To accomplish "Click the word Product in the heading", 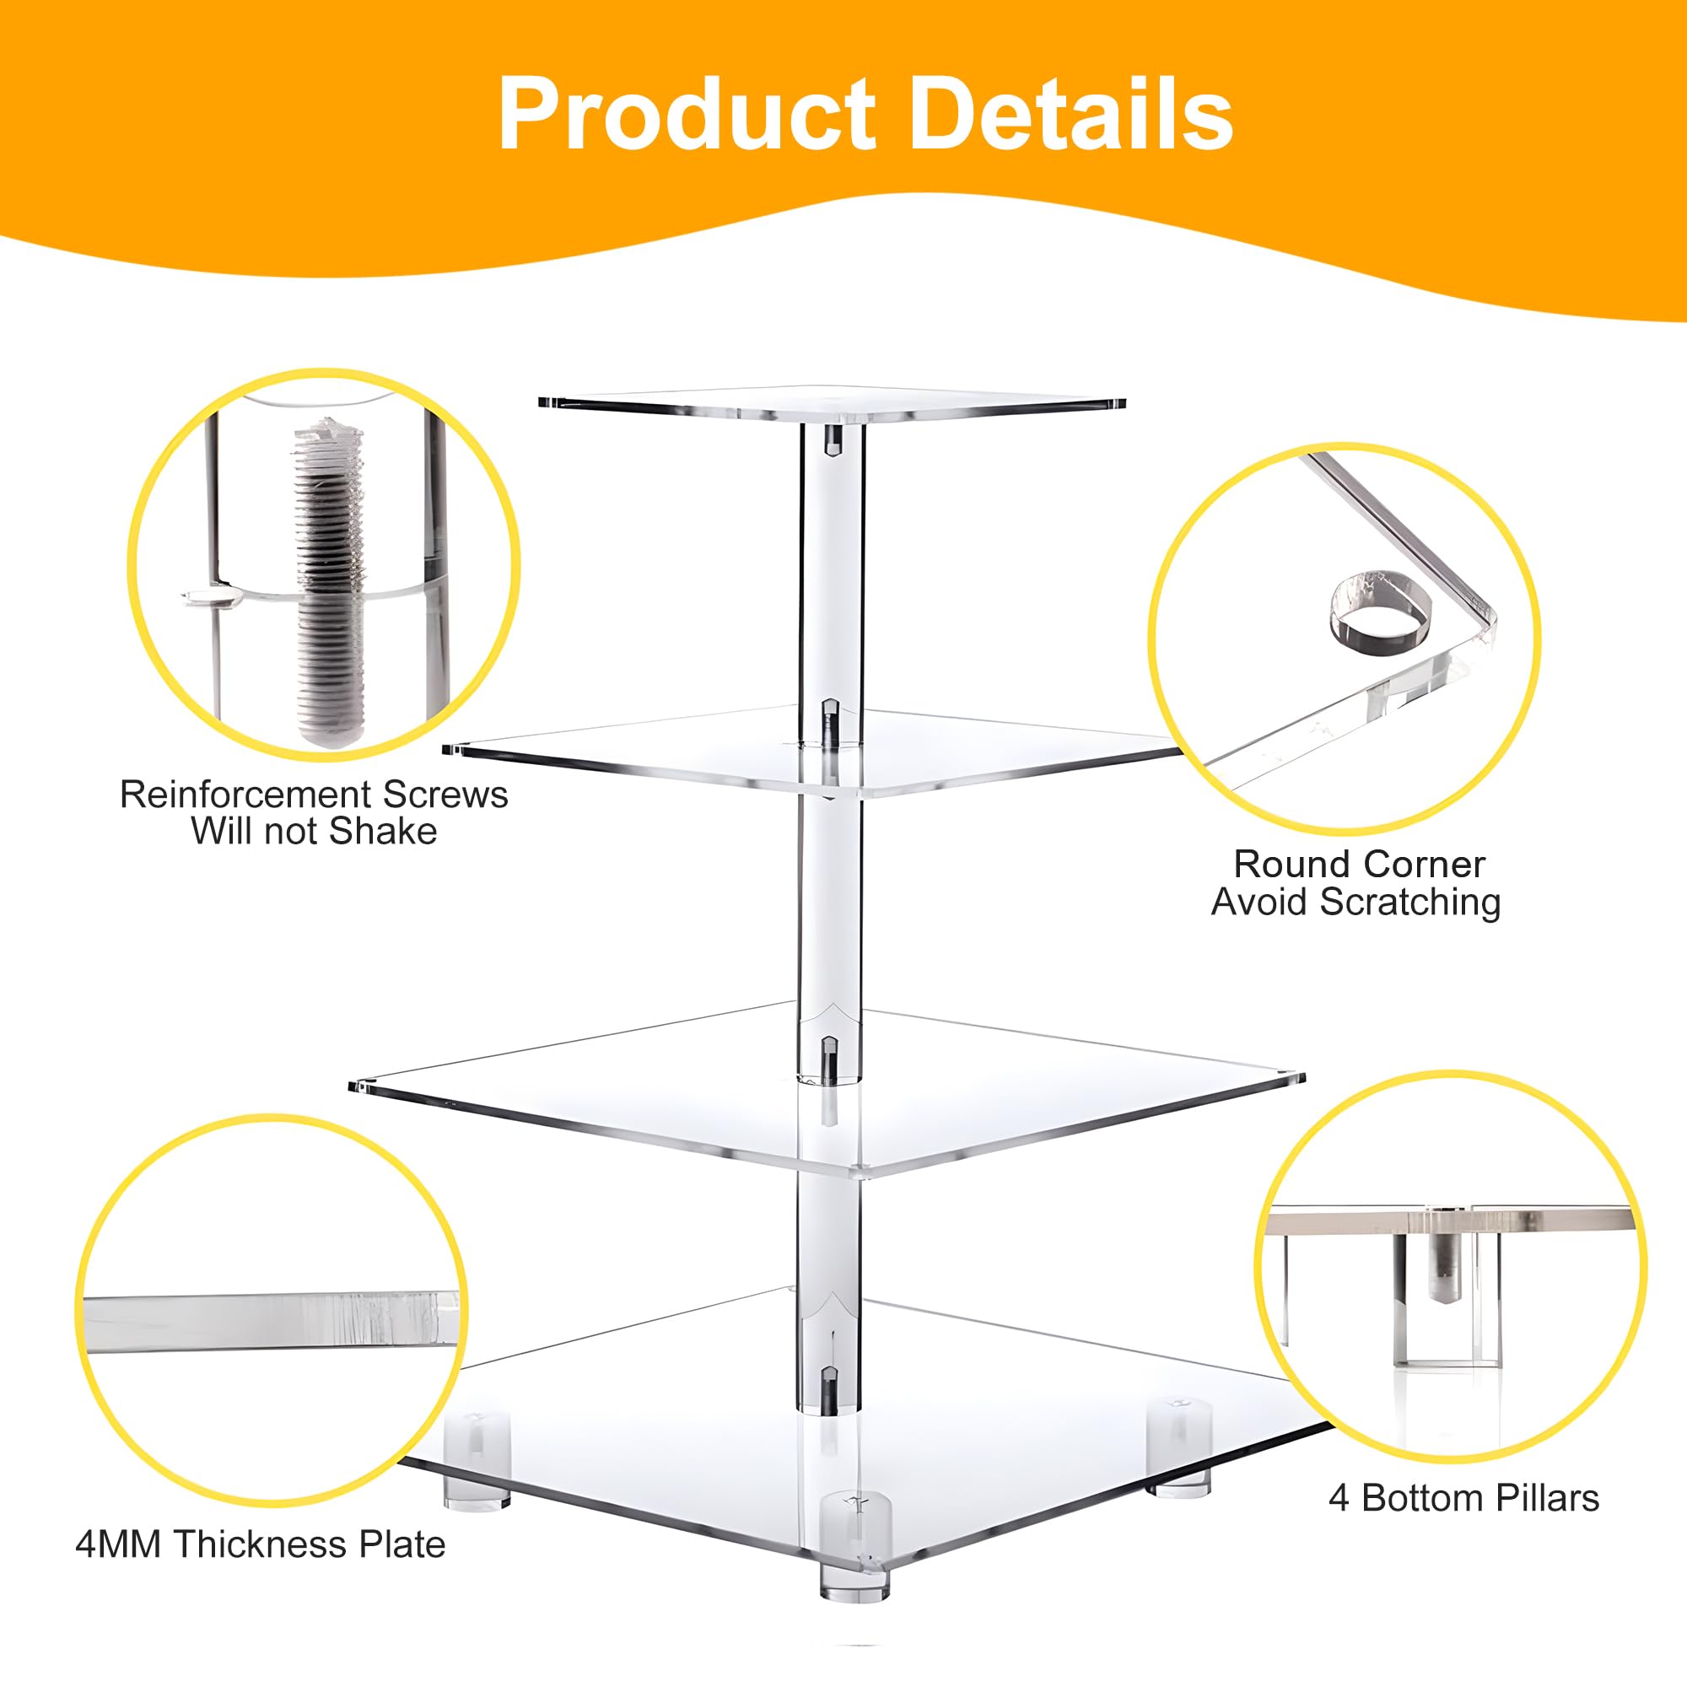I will point(687,115).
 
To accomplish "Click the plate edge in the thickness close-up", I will point(271,1320).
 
